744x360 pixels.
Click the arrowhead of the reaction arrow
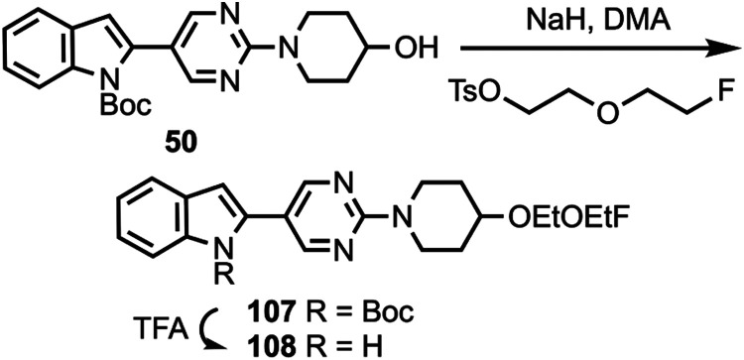pos(730,48)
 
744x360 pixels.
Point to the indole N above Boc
pos(93,85)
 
